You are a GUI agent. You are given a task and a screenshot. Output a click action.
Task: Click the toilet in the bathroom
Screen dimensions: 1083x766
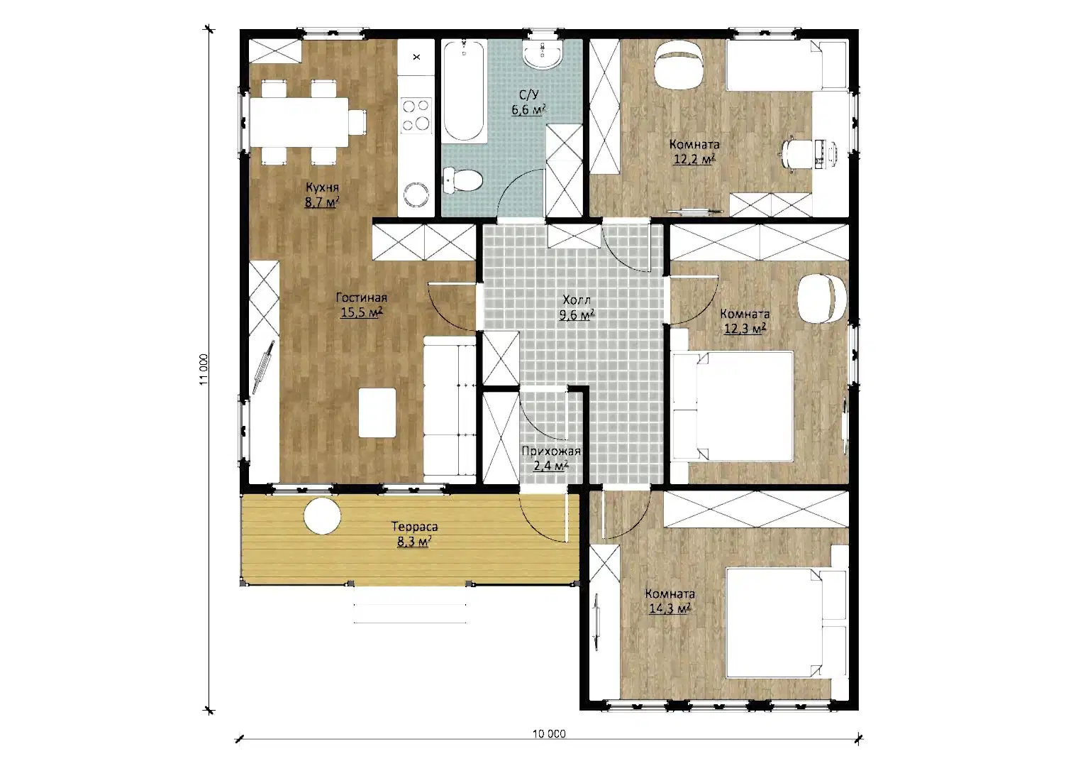coord(462,180)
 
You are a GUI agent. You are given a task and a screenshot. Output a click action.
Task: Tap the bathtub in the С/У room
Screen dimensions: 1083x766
coord(464,90)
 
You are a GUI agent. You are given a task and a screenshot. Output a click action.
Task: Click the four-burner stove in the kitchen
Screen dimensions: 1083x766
coord(416,115)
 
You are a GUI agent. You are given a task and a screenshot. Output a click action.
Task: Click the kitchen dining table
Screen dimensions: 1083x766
coord(299,122)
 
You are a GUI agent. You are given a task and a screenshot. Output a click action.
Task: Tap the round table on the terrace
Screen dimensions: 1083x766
coord(322,516)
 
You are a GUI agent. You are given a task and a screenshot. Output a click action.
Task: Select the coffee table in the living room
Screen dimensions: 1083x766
coord(377,412)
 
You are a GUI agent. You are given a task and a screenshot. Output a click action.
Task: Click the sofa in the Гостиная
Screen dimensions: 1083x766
coord(450,410)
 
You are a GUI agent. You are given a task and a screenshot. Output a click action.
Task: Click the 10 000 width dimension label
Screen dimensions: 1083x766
coord(549,734)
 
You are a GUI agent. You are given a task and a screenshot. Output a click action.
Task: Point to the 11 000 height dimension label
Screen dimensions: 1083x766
coord(204,369)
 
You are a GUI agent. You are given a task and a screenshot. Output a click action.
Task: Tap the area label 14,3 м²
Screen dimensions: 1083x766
coord(670,608)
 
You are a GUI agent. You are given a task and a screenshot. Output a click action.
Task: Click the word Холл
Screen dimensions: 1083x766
coord(577,300)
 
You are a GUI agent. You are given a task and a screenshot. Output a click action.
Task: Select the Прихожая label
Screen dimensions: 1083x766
coord(550,451)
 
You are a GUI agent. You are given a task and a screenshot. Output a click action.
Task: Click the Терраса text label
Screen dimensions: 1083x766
coord(414,526)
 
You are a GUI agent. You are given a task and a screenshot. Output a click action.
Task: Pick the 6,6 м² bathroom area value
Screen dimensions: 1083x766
coord(529,110)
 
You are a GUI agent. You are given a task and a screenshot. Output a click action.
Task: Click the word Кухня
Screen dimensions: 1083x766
coord(322,187)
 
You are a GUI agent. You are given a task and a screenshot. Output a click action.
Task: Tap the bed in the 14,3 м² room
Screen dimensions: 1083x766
coord(786,623)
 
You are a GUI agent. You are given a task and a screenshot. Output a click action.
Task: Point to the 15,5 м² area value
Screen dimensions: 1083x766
coord(361,312)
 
